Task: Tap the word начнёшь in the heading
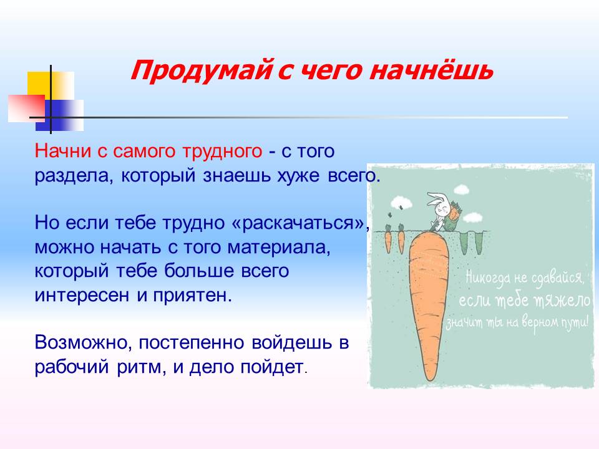(431, 70)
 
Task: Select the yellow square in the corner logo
(51, 87)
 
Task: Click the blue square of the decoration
(60, 115)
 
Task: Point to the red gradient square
(26, 109)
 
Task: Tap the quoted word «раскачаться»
(299, 223)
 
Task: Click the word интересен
(82, 296)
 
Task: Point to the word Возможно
(83, 343)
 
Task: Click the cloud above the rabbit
(462, 188)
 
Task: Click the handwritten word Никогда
(487, 278)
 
